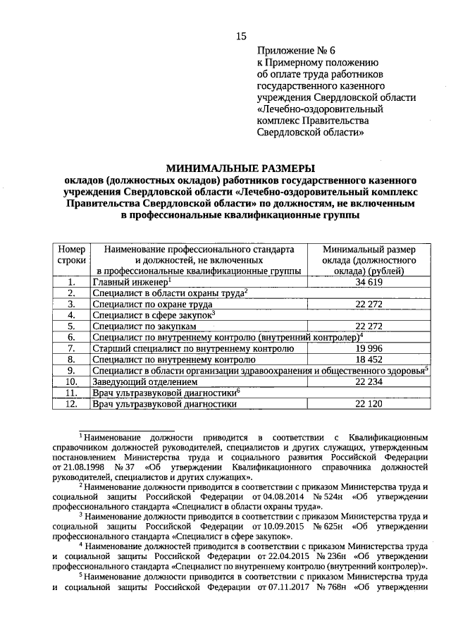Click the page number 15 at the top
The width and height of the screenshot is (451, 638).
pyautogui.click(x=241, y=37)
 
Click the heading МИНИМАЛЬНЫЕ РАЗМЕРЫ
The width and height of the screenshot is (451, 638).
pyautogui.click(x=240, y=168)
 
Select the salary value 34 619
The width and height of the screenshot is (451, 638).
pyautogui.click(x=369, y=282)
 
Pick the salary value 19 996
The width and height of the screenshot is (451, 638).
pyautogui.click(x=369, y=348)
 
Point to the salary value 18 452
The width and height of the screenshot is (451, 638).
pyautogui.click(x=369, y=360)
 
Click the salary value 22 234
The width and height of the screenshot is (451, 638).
pyautogui.click(x=369, y=381)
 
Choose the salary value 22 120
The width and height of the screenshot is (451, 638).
pyautogui.click(x=369, y=404)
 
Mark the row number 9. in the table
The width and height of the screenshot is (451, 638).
pyautogui.click(x=71, y=370)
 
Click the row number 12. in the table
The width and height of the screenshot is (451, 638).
pyautogui.click(x=71, y=404)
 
